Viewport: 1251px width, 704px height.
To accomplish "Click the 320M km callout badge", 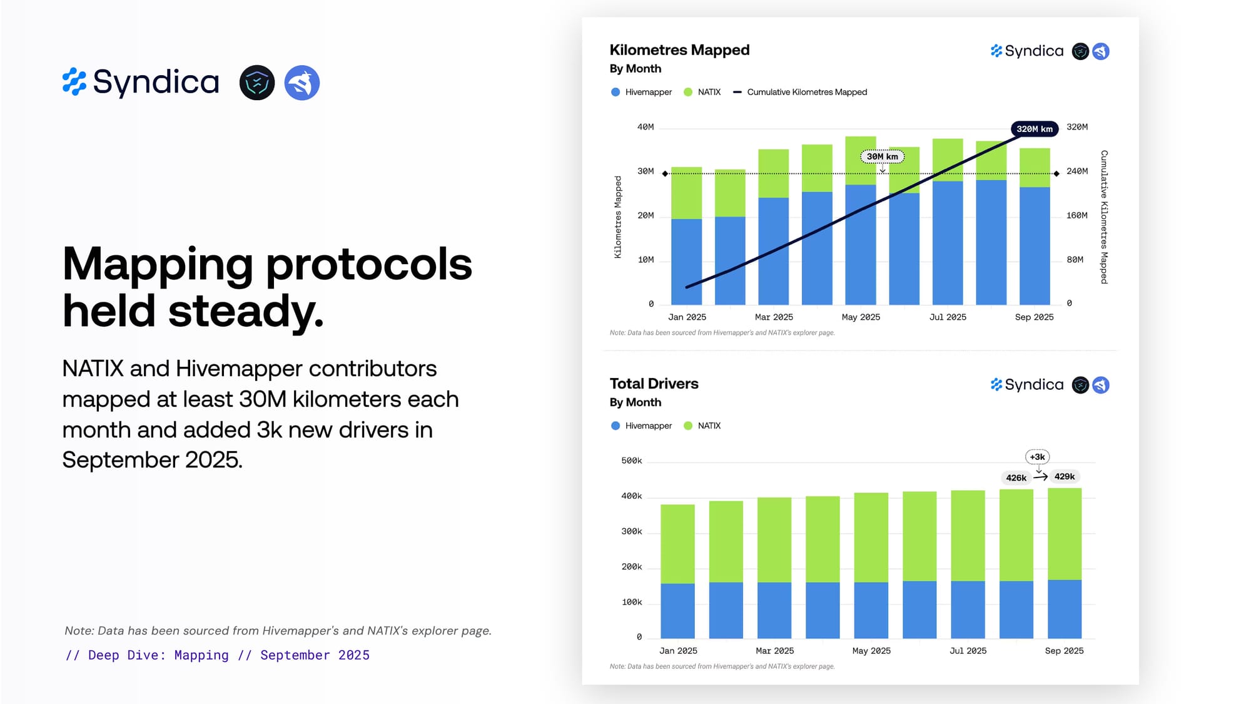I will click(x=1034, y=129).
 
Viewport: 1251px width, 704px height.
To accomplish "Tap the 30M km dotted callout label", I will click(x=882, y=156).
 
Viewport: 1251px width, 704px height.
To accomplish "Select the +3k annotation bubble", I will click(x=1037, y=457).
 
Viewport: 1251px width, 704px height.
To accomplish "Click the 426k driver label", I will click(x=1016, y=477).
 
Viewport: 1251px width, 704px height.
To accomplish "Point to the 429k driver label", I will click(x=1064, y=476).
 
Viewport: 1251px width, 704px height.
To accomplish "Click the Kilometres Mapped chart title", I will click(x=679, y=50).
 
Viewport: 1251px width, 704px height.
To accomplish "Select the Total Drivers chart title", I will click(x=654, y=384).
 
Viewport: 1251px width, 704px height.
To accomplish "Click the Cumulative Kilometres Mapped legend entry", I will click(x=806, y=92).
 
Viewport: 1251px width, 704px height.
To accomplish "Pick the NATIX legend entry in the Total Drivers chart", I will click(x=709, y=426).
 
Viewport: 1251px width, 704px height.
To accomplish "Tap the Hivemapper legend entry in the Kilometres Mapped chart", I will click(x=648, y=92).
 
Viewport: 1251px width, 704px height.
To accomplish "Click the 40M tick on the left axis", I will click(x=646, y=127).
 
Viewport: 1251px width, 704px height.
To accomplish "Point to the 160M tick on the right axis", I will click(x=1076, y=215).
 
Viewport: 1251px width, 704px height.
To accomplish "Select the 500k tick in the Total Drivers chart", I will click(x=631, y=461).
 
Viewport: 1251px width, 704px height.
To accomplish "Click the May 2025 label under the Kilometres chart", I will click(x=861, y=317).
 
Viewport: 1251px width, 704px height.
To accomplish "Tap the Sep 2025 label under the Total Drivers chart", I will click(x=1064, y=651).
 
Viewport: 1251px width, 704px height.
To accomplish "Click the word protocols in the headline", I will click(x=369, y=264).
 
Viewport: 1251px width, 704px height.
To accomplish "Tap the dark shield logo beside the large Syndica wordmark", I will click(x=257, y=83).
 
